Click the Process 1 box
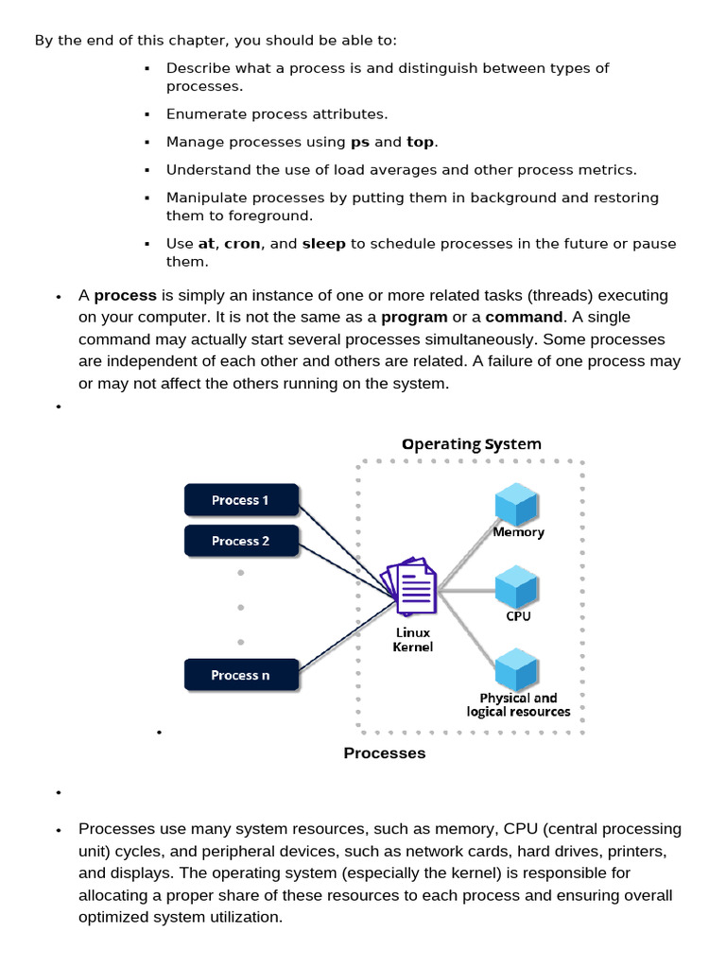pyautogui.click(x=240, y=500)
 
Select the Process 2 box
pyautogui.click(x=240, y=541)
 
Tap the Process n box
pyautogui.click(x=240, y=675)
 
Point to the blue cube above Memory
pyautogui.click(x=516, y=504)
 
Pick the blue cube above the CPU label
pyautogui.click(x=516, y=587)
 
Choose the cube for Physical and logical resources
pyautogui.click(x=516, y=669)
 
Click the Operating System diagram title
pyautogui.click(x=472, y=444)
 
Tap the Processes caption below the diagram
pyautogui.click(x=385, y=753)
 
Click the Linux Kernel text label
pyautogui.click(x=413, y=640)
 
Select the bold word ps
pyautogui.click(x=360, y=142)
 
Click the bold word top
pyautogui.click(x=420, y=142)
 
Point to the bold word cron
pyautogui.click(x=242, y=243)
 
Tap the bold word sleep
pyautogui.click(x=324, y=243)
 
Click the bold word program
pyautogui.click(x=414, y=317)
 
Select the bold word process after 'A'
pyautogui.click(x=126, y=295)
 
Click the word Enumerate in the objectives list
pyautogui.click(x=205, y=113)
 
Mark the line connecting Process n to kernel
pyautogui.click(x=340, y=633)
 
